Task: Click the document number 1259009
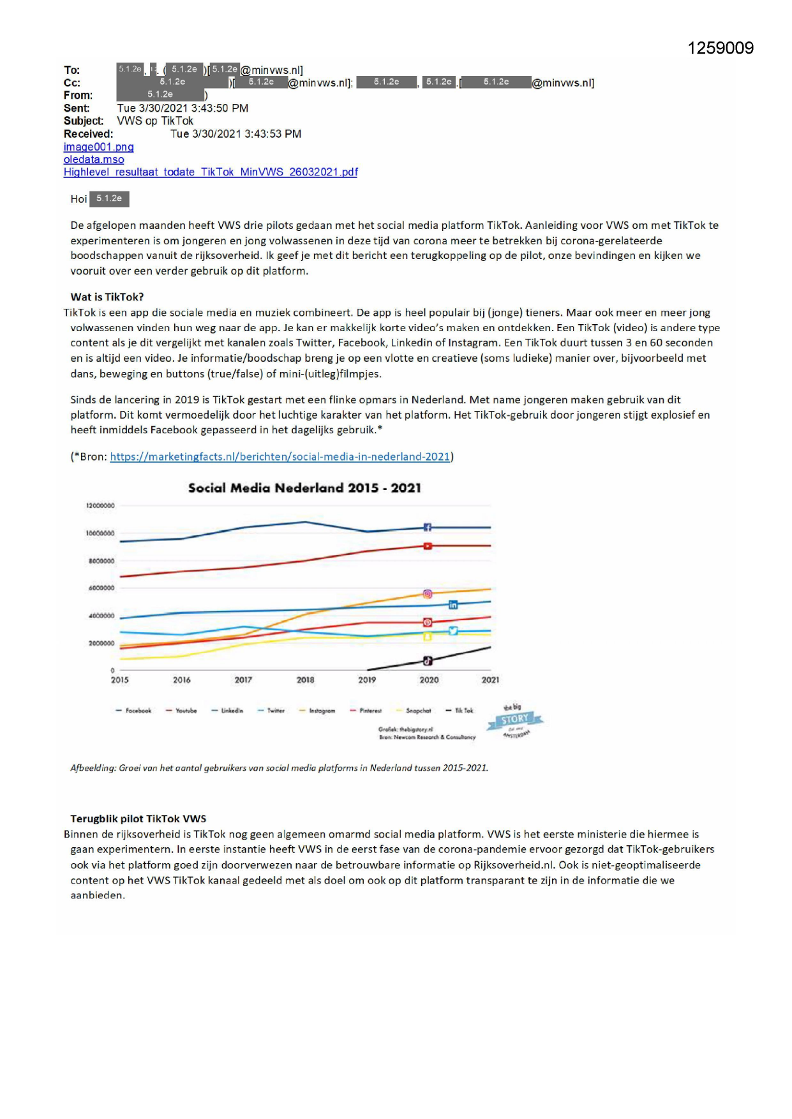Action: (721, 48)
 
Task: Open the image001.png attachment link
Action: (98, 147)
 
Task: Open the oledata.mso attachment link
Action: (94, 159)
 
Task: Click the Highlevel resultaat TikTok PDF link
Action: (211, 172)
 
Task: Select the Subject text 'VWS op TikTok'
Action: (155, 121)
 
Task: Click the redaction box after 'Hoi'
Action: (109, 199)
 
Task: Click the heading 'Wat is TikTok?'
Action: (107, 297)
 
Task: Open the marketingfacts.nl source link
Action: (280, 457)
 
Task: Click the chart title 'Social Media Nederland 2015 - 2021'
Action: (304, 488)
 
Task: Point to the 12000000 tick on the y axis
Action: (100, 505)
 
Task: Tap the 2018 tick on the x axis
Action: (305, 680)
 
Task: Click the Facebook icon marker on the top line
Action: (428, 527)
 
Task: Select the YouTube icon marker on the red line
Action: (428, 545)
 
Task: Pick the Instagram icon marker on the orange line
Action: (428, 594)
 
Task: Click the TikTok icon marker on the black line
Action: (428, 661)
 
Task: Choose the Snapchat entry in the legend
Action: (414, 711)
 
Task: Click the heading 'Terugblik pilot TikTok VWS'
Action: (138, 819)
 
